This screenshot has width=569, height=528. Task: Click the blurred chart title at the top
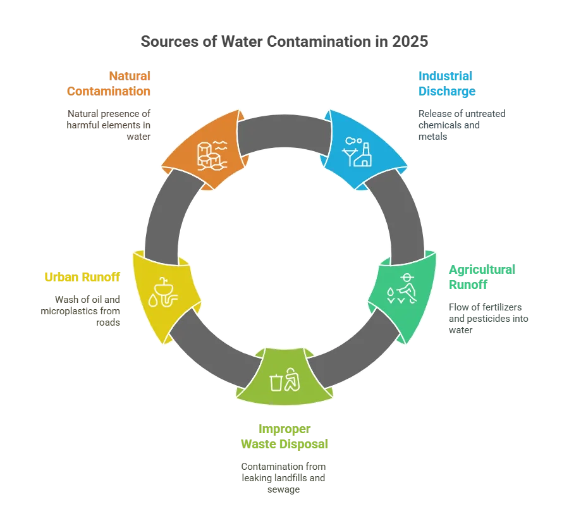[284, 42]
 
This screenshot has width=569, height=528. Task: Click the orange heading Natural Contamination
[109, 83]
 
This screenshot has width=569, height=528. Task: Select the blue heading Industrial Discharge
[446, 83]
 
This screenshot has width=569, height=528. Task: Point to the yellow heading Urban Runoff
[82, 277]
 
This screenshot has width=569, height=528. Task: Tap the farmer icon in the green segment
[403, 288]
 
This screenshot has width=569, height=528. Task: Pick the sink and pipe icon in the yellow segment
[164, 292]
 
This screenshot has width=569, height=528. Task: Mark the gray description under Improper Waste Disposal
[284, 477]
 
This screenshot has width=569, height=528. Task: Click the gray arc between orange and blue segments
[284, 126]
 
